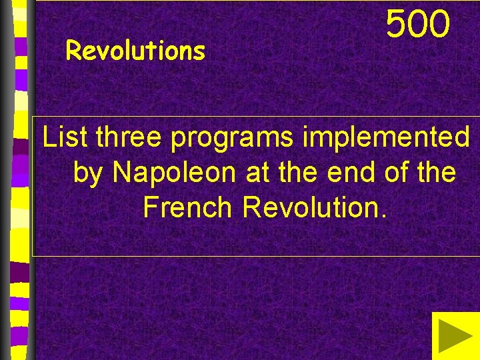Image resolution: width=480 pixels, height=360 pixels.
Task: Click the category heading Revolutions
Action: (136, 51)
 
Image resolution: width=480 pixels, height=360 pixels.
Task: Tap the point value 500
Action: (419, 24)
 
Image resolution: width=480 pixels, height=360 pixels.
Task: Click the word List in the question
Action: (65, 137)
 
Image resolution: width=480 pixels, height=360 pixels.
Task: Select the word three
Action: (129, 137)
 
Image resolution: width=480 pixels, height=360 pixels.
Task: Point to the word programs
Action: (232, 139)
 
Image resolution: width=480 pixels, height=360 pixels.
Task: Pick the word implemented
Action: (386, 139)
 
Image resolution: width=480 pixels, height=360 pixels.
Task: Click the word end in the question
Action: (350, 173)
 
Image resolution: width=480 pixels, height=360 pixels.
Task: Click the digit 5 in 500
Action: (397, 24)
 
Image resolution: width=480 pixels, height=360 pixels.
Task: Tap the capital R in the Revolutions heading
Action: (73, 51)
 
